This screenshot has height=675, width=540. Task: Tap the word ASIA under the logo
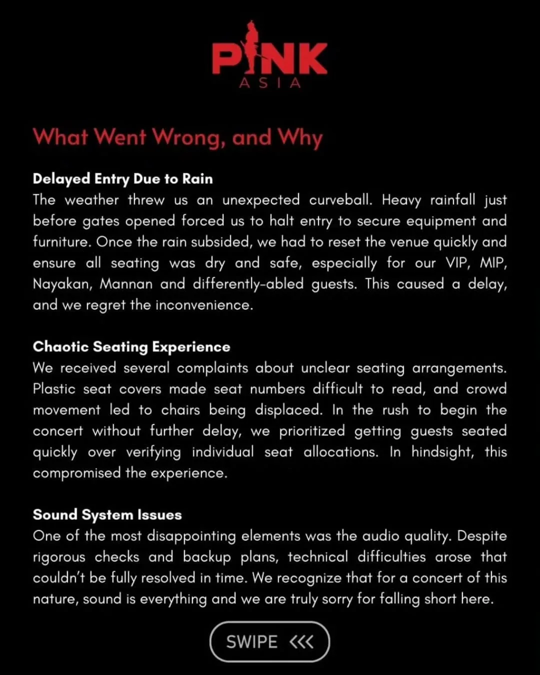[x=270, y=83]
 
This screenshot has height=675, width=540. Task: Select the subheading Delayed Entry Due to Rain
[x=122, y=178]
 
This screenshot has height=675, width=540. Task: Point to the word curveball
[x=340, y=200]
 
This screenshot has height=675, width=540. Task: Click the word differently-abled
[x=248, y=284]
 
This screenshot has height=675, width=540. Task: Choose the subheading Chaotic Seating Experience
[x=131, y=346]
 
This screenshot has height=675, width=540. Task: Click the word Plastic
[x=54, y=389]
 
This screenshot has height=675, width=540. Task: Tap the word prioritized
[x=312, y=431]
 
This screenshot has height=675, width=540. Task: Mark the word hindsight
[x=442, y=452]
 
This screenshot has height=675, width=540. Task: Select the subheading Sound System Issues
[x=107, y=514]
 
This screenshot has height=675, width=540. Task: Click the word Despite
[x=481, y=536]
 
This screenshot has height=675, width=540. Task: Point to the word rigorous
[x=59, y=557]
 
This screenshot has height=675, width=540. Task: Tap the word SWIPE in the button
[x=251, y=641]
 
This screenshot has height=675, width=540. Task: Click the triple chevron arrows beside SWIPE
[x=301, y=641]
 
